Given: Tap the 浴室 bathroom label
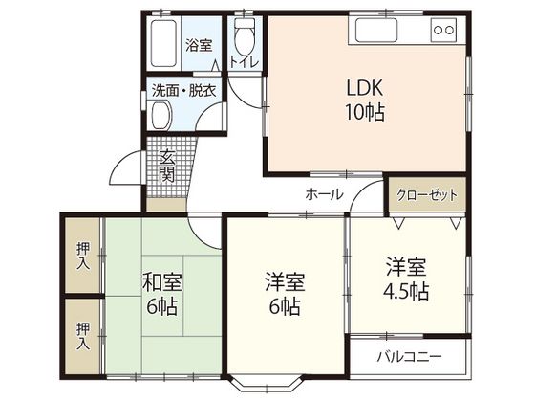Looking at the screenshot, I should pyautogui.click(x=198, y=44).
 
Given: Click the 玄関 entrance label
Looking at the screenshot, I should pyautogui.click(x=166, y=167).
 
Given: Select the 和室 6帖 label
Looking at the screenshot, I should pyautogui.click(x=162, y=296).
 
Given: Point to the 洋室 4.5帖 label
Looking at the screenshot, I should pyautogui.click(x=407, y=278).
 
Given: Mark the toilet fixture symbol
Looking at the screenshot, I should pyautogui.click(x=246, y=38).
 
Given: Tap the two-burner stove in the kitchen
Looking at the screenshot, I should pyautogui.click(x=444, y=31).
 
